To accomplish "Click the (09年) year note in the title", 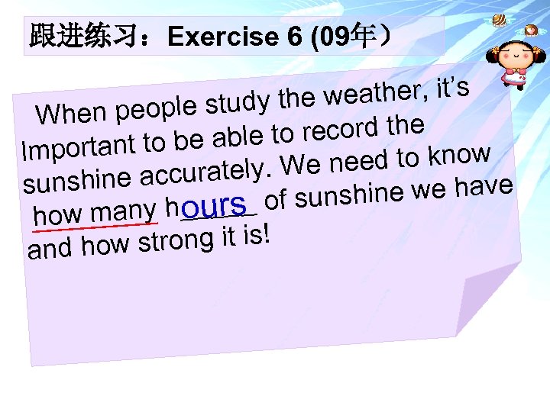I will (348, 37).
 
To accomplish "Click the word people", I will (151, 109).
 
